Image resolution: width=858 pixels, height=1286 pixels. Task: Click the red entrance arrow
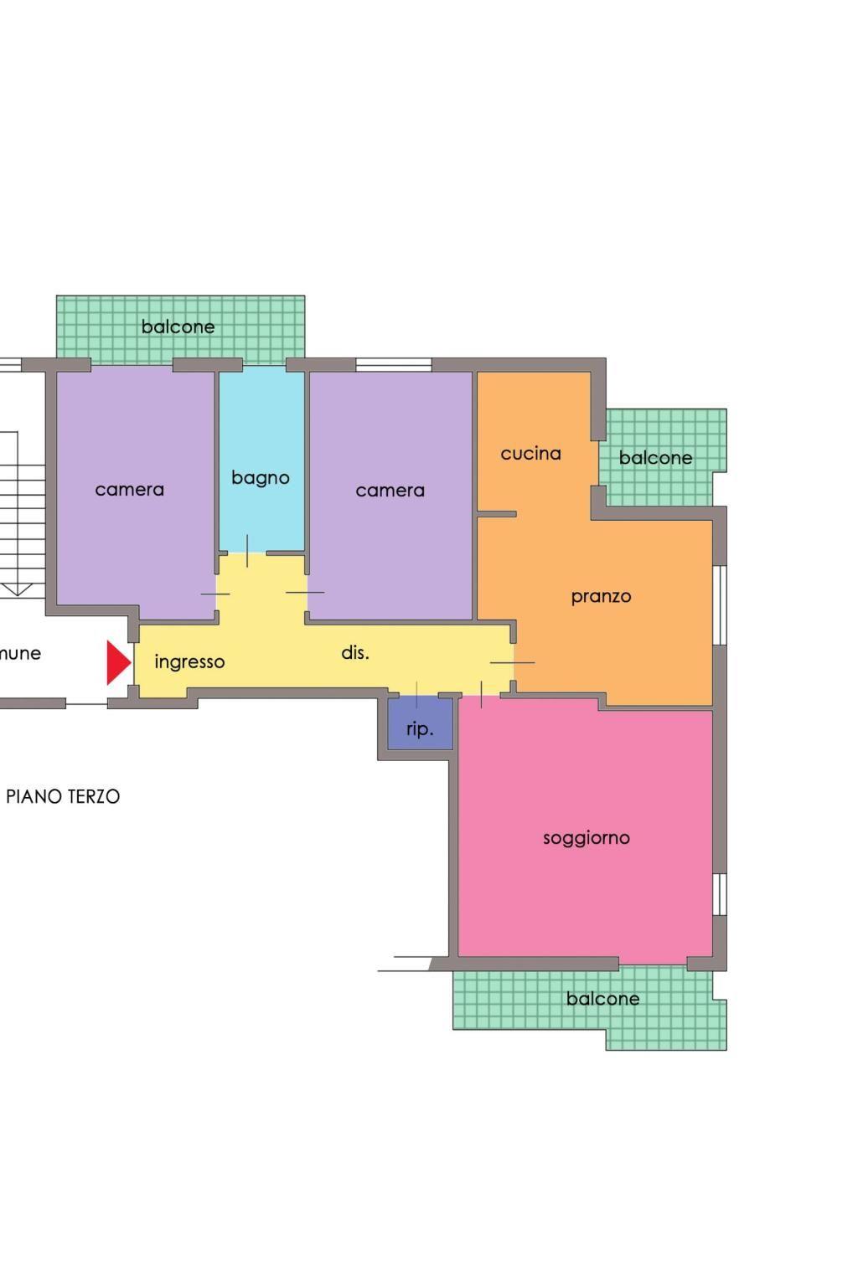[x=118, y=662]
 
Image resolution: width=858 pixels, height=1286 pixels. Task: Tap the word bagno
[x=261, y=478]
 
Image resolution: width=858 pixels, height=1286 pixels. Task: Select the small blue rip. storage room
[x=420, y=723]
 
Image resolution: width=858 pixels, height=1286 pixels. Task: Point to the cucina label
[x=530, y=454]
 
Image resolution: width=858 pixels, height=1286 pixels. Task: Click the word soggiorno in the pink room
[x=587, y=839]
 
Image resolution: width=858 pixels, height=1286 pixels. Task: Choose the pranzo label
[x=601, y=597]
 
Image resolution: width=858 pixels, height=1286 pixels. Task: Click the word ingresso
[x=189, y=662]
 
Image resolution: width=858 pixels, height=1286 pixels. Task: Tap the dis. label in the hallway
[x=355, y=652]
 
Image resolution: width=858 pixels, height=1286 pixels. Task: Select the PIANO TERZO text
[x=63, y=796]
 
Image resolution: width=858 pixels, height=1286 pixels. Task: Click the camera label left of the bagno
[x=129, y=490]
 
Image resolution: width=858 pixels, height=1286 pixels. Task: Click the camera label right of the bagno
[x=390, y=491]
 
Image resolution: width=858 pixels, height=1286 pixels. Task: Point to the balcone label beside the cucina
[x=655, y=458]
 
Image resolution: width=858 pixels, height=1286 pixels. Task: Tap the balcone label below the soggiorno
[x=602, y=999]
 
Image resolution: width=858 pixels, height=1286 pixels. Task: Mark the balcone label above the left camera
[x=178, y=327]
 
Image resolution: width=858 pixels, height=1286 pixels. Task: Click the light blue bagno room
[x=261, y=460]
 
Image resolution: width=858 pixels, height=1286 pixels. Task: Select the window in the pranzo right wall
[x=720, y=605]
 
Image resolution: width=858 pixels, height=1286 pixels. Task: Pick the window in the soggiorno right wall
[x=720, y=894]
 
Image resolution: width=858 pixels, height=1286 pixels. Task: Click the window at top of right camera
[x=394, y=364]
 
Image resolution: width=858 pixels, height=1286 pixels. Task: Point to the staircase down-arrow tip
[x=18, y=594]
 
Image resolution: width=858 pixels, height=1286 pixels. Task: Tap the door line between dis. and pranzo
[x=512, y=662]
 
